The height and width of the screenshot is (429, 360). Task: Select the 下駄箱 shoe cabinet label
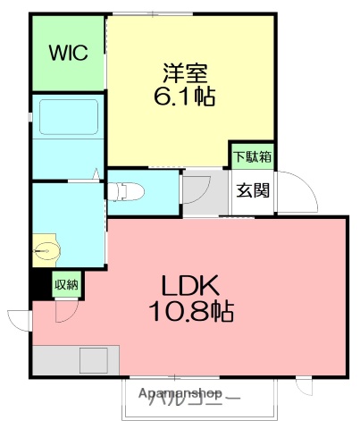[253, 156]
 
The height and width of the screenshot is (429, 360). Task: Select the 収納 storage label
[66, 285]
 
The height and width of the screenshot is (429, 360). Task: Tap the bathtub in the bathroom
[68, 118]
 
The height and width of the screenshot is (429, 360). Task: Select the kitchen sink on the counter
[93, 360]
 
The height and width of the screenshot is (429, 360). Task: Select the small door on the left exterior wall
[21, 319]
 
